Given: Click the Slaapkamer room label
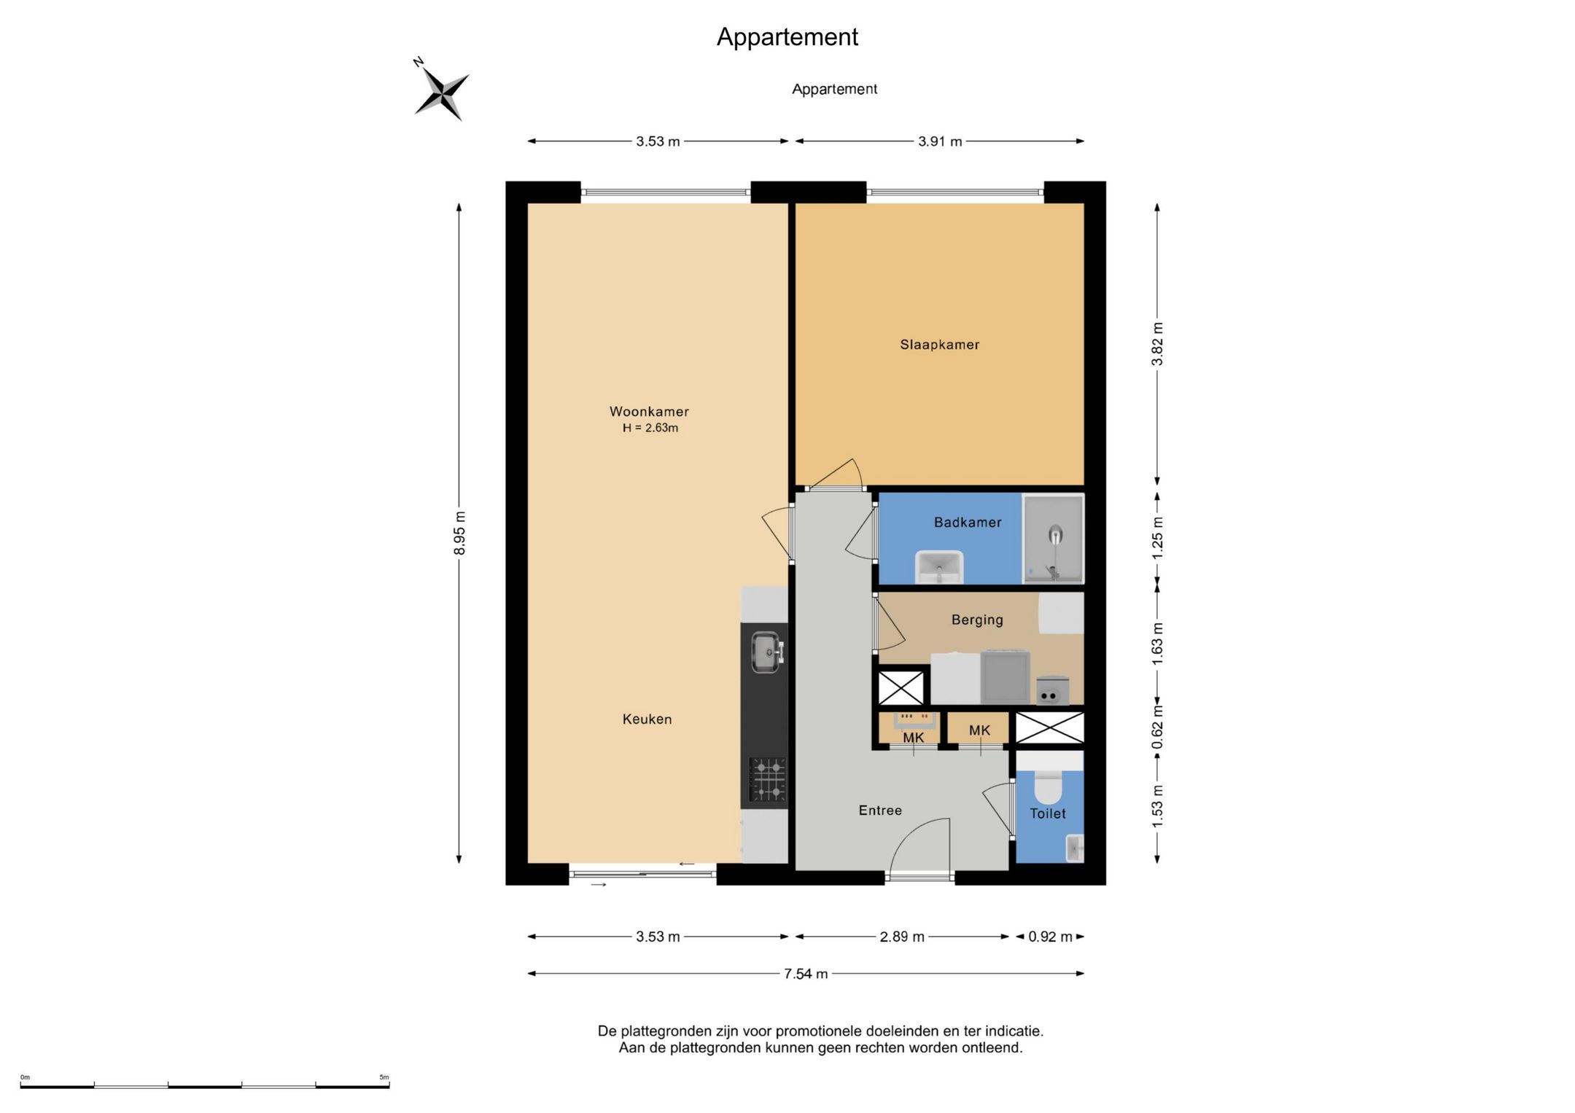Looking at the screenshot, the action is [x=939, y=345].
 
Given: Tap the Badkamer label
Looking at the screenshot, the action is [x=968, y=522].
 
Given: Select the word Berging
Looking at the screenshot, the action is [x=977, y=620].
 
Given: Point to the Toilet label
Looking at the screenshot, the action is [x=1048, y=813].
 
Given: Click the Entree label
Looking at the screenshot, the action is [x=880, y=811].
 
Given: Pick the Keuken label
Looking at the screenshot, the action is [x=647, y=719].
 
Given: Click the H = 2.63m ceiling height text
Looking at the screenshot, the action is [x=650, y=428].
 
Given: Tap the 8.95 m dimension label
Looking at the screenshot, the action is [x=459, y=533].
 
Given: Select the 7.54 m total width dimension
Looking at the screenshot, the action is [x=806, y=974].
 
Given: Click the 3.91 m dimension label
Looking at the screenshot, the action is [x=940, y=141].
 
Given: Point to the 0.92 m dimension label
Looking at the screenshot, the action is [x=1050, y=937].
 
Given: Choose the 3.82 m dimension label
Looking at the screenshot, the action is [x=1157, y=344].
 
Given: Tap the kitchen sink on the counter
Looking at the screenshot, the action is [x=766, y=652].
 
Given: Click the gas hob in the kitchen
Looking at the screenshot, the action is [x=768, y=780].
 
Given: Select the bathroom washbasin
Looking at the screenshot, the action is [x=939, y=567].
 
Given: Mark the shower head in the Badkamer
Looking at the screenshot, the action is [x=1055, y=535].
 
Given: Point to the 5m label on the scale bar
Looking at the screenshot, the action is [x=384, y=1077].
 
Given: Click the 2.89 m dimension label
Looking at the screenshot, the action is [x=902, y=937].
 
